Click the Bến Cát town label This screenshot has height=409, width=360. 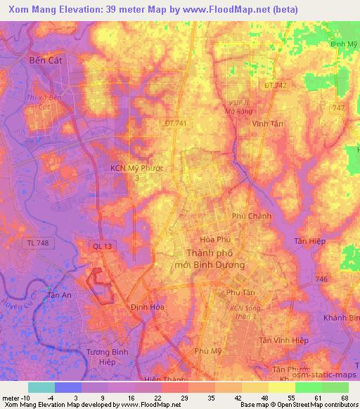click(x=46, y=61)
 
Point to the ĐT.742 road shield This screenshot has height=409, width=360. click(x=275, y=85)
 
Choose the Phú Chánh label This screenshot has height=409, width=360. click(x=252, y=216)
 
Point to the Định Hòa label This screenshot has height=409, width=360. click(x=147, y=307)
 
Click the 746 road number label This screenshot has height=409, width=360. click(x=321, y=279)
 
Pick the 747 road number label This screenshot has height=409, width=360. click(x=340, y=107)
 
